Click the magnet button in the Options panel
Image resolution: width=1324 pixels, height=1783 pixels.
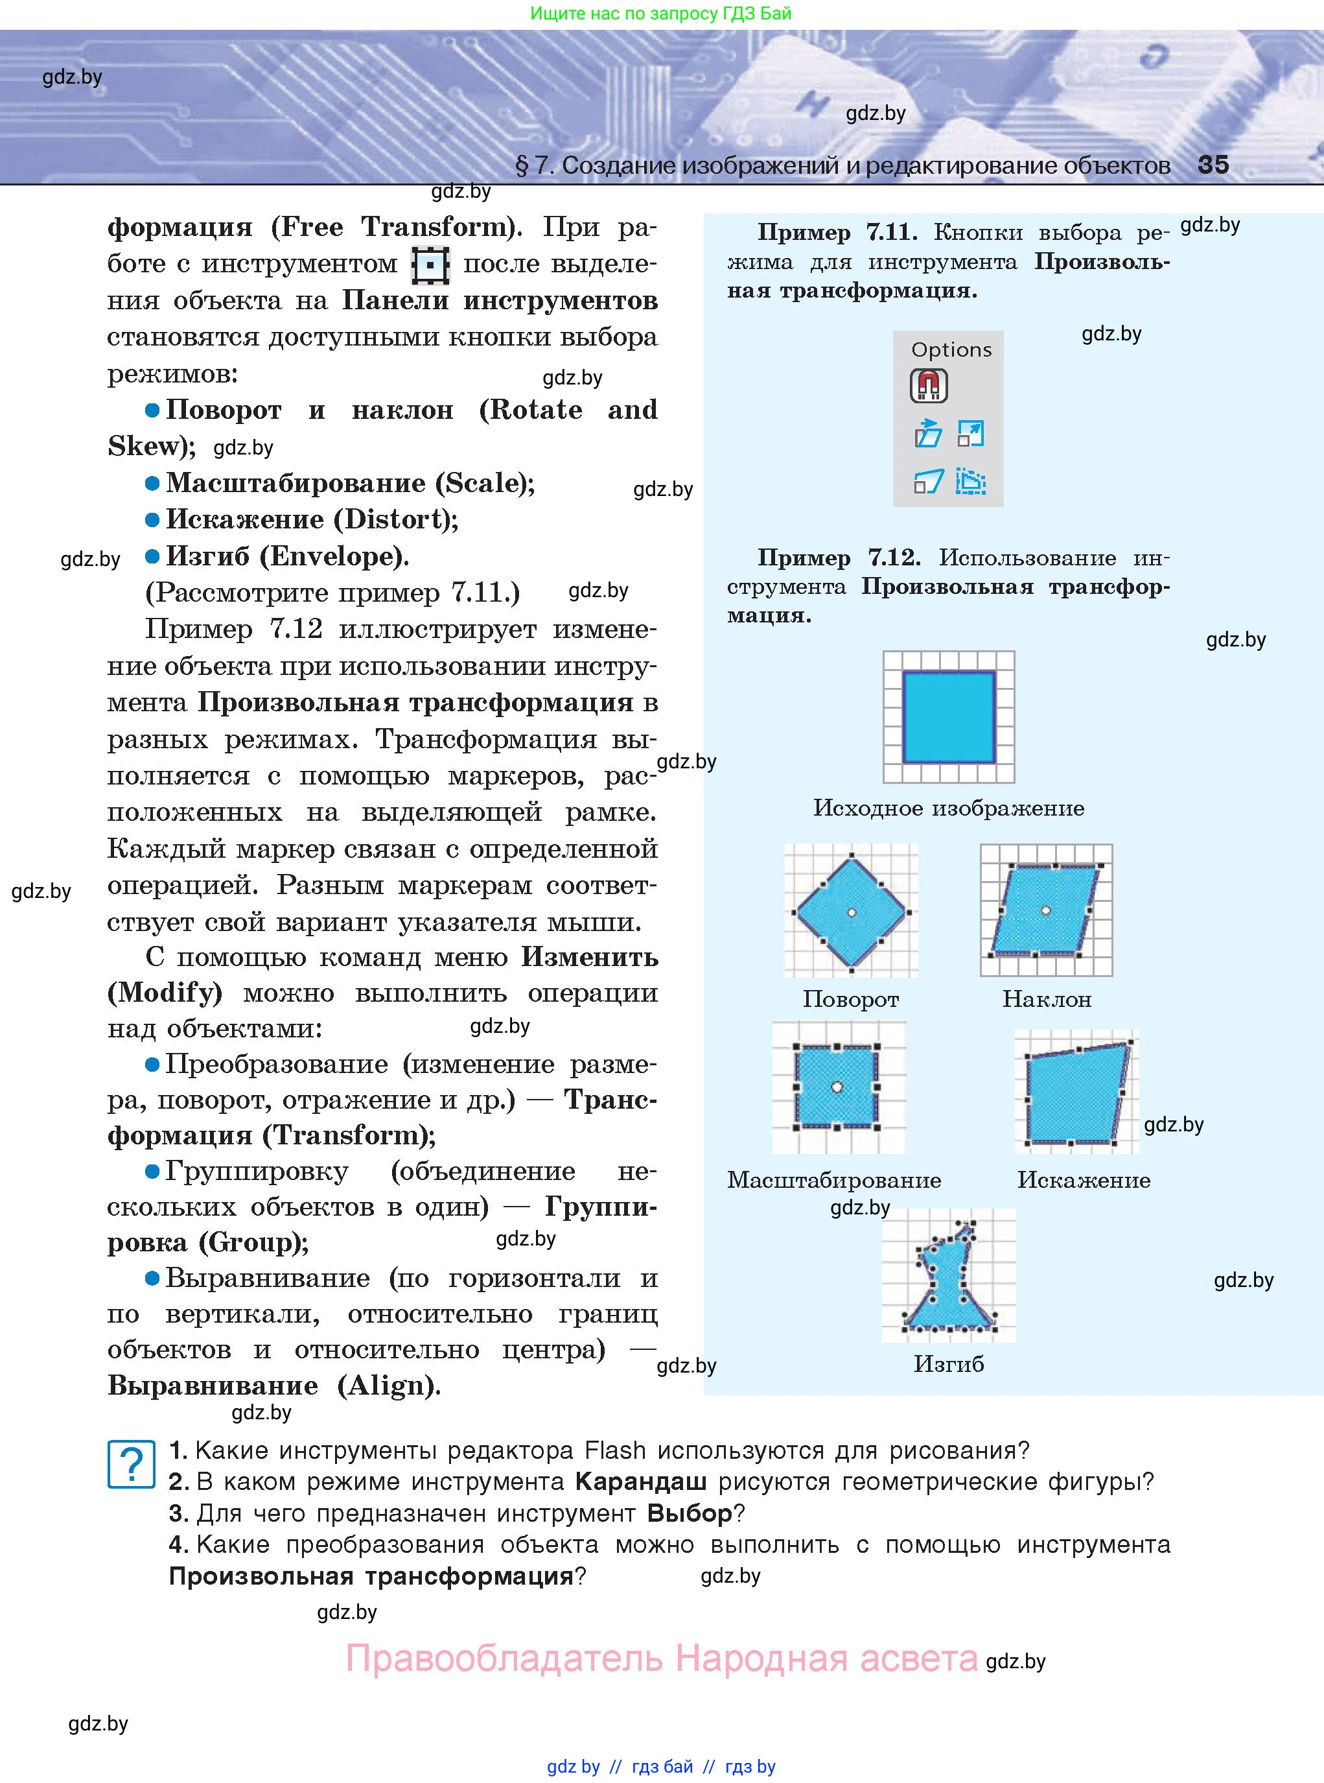928,386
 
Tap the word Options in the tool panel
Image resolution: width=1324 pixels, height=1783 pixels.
951,349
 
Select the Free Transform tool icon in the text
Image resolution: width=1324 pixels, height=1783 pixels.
430,265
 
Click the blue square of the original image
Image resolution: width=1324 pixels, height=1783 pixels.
948,716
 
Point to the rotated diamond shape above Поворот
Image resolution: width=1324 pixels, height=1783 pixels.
851,912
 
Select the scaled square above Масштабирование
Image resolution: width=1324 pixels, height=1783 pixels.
837,1086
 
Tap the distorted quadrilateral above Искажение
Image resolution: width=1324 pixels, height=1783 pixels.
1076,1092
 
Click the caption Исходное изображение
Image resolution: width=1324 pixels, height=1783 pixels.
948,808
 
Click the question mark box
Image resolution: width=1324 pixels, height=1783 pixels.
132,1464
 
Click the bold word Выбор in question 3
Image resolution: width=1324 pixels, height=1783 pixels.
690,1514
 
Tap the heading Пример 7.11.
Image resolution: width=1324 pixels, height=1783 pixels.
837,233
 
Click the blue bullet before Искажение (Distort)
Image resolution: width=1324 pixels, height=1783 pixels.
152,520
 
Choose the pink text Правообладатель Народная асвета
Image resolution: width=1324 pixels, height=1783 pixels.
661,1659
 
